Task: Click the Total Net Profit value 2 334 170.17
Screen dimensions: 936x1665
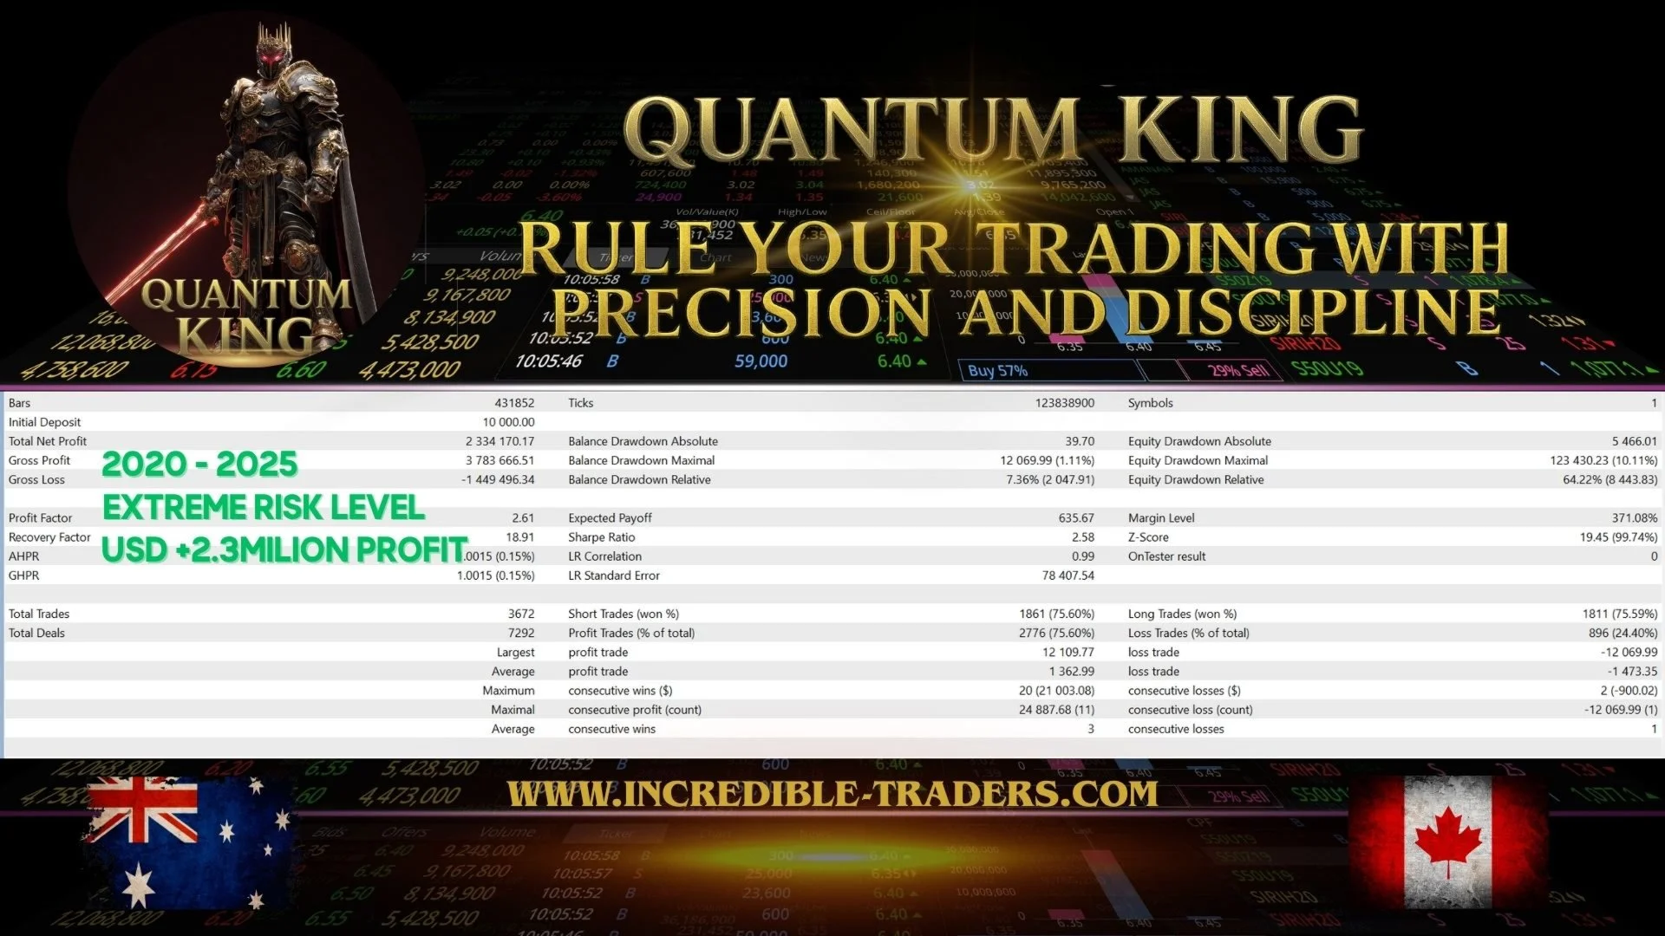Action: click(499, 441)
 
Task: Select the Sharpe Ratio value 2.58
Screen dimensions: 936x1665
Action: click(1082, 537)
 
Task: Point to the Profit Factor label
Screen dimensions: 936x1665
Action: click(40, 518)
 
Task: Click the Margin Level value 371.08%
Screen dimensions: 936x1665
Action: click(1634, 518)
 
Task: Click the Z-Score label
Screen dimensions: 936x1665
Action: click(1148, 537)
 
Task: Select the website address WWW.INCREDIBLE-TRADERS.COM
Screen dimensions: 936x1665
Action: click(832, 794)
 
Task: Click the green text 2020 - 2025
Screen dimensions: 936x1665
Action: click(199, 465)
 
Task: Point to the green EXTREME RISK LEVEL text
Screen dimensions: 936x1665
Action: click(264, 507)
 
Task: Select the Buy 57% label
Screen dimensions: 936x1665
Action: click(997, 371)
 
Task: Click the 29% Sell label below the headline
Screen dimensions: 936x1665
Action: click(1239, 371)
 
